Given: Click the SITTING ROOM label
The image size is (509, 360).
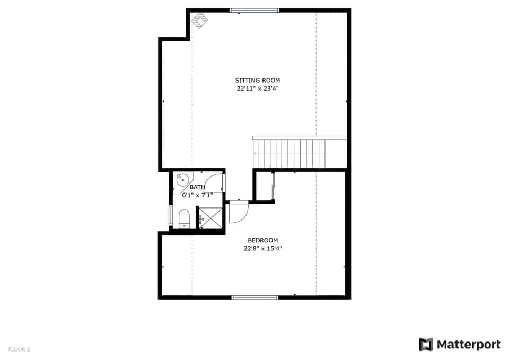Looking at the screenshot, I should pos(258,81).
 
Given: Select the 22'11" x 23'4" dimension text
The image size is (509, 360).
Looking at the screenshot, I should pos(258,89).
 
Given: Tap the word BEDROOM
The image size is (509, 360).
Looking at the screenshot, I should pos(262,240).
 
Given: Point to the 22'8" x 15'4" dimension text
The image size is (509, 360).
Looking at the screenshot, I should pos(262,248).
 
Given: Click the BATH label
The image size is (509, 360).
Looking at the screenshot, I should pos(197,187).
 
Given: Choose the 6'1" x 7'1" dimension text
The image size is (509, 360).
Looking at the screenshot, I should pos(197,195).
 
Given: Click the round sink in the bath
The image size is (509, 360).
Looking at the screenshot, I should pos(183,180).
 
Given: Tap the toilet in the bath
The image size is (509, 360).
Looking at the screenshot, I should pos(184,218).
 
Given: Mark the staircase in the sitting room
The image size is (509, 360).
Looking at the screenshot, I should pos(300,153).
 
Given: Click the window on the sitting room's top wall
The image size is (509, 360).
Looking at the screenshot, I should pos(254,10).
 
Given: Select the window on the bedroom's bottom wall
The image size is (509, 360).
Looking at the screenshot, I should pos(254,297).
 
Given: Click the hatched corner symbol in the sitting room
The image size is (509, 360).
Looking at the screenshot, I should pos(200,21).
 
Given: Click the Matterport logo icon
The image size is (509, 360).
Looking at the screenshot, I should pos(426,345).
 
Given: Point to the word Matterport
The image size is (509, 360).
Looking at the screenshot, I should pos(468,345).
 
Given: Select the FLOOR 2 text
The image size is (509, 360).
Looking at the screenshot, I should pos(19,349).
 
